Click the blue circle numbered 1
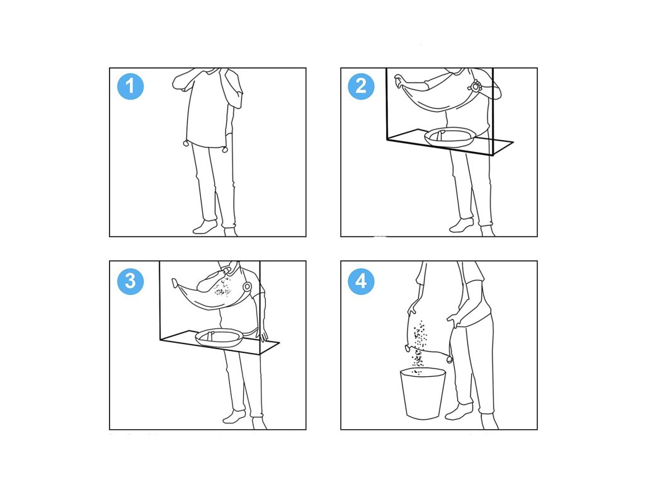point(130,86)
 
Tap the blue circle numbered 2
point(361,86)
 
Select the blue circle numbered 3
point(130,281)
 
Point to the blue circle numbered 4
point(361,281)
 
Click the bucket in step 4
point(423,394)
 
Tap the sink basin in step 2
point(451,137)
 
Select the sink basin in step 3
point(220,338)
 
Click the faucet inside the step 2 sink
point(440,135)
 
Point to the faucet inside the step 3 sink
point(210,335)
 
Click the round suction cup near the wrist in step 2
point(475,87)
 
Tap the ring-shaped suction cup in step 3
point(247,287)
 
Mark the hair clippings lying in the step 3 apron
point(222,287)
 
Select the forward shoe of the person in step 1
point(205,227)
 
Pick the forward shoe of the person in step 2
point(462,225)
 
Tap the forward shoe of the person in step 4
point(459,411)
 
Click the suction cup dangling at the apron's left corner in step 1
point(186,144)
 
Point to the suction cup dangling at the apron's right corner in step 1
point(225,149)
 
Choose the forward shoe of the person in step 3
point(234,417)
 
